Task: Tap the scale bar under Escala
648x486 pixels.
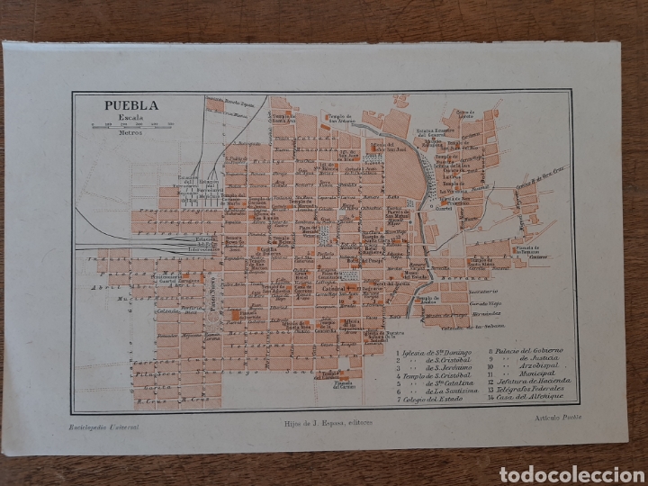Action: point(129,125)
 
